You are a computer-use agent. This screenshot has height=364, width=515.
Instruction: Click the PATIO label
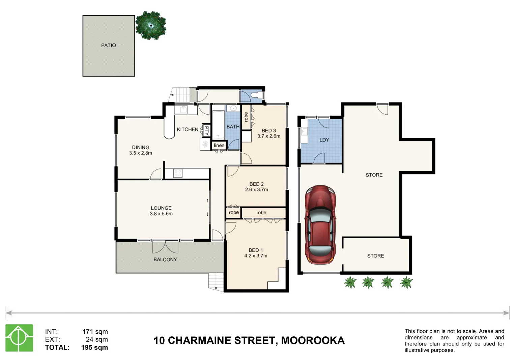[x=108, y=45]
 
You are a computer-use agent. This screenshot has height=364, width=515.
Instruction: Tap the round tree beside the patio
[x=151, y=25]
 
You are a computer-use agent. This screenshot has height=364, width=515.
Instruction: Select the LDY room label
[x=324, y=140]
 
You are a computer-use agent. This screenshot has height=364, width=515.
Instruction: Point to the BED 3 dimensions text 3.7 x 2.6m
[x=269, y=136]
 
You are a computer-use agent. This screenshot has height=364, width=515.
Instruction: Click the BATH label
[x=233, y=127]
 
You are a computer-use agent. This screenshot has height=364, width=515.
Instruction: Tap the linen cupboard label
[x=219, y=145]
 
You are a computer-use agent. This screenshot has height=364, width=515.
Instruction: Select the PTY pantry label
[x=206, y=130]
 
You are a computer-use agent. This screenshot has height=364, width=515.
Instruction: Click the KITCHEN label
[x=188, y=129]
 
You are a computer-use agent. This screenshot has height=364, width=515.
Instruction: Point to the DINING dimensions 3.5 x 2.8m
[x=141, y=153]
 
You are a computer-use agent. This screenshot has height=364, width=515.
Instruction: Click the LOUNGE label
[x=161, y=208]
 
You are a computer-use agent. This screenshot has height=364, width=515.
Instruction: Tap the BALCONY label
[x=165, y=260]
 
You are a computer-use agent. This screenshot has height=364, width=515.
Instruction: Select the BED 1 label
[x=255, y=250]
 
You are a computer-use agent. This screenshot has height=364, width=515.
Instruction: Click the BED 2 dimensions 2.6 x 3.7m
[x=257, y=190]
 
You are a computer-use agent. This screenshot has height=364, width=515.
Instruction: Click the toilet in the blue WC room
[x=257, y=95]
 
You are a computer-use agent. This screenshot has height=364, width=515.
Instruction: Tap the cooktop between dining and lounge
[x=178, y=173]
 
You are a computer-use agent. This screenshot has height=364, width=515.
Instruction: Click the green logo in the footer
[x=19, y=338]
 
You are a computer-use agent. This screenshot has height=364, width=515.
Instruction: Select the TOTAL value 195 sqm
[x=94, y=347]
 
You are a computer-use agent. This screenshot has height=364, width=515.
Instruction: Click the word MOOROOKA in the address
[x=313, y=341]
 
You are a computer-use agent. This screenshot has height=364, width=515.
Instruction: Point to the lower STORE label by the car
[x=375, y=256]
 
